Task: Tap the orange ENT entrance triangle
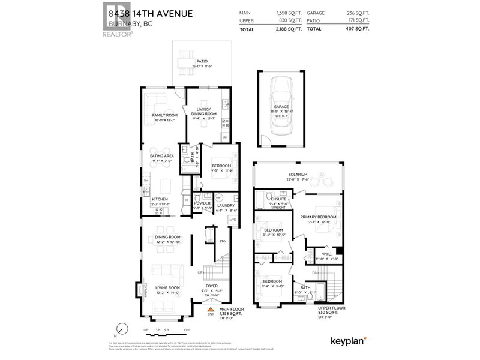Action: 210,308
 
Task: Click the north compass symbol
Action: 122,329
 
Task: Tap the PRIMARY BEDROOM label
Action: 318,217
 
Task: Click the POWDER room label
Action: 202,203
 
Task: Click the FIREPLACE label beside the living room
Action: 146,289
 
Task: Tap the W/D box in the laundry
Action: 232,220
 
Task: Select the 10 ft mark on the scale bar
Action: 187,331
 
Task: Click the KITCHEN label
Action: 159,199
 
